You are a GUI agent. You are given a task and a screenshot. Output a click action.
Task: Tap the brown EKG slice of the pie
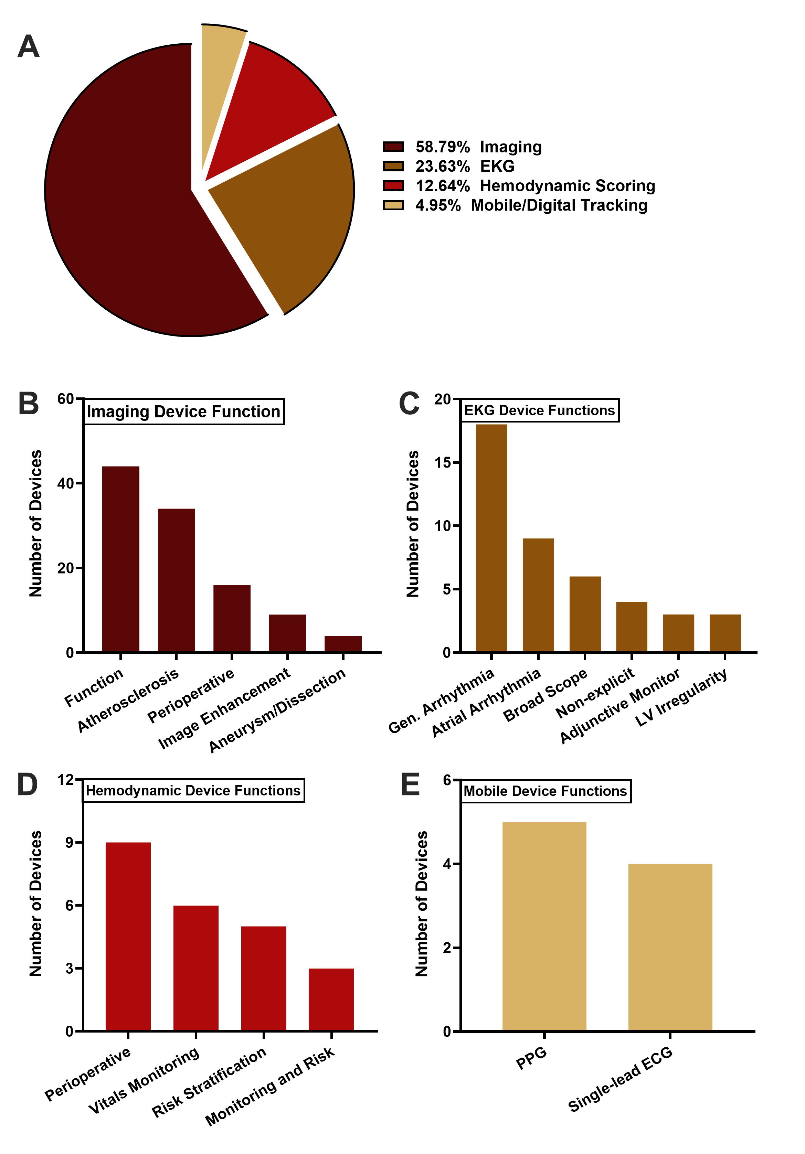292,211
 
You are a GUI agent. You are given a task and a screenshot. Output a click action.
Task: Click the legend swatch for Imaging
393,147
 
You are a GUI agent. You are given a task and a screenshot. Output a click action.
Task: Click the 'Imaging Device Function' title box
183,412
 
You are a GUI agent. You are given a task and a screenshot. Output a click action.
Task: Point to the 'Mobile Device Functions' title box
545,791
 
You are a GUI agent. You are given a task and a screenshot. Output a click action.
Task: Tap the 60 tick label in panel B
65,399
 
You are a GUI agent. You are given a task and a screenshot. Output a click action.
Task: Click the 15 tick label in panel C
443,463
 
